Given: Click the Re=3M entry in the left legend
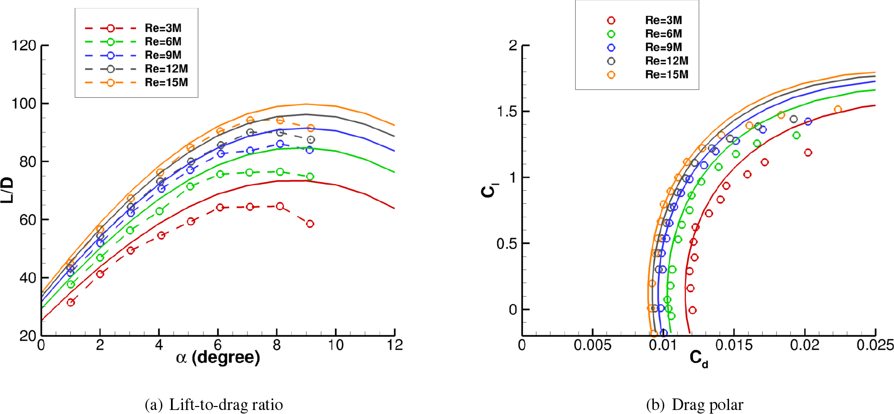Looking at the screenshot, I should pos(163,28).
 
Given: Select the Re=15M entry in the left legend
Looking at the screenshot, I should pos(166,82).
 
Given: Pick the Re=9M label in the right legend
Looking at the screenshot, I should pos(663,47).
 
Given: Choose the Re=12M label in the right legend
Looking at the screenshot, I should pos(666,61).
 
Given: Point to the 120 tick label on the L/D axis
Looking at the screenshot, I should pos(24,46).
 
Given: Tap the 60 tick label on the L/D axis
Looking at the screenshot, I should pos(28,220).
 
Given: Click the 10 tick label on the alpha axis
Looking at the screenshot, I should pos(335,345).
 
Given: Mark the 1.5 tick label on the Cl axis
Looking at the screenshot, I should pos(506,111).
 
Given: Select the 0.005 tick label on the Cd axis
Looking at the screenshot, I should pos(592,345).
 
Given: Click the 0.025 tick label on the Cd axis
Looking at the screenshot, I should pos(875,345).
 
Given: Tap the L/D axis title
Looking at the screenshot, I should pos(8,190).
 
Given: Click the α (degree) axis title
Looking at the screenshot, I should pos(218,358).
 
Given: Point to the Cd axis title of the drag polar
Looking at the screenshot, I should pos(698,359).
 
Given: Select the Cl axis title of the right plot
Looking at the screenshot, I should pos(488,191).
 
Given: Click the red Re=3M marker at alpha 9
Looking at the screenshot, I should pos(310,224).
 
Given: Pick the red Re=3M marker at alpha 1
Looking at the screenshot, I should pos(71,303).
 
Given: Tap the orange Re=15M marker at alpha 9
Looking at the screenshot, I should pos(310,128).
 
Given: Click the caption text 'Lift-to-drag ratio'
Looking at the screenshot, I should pos(226,404).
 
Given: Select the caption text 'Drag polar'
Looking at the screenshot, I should pos(707,404).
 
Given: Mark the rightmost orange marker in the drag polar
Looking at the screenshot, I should pos(837,109).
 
